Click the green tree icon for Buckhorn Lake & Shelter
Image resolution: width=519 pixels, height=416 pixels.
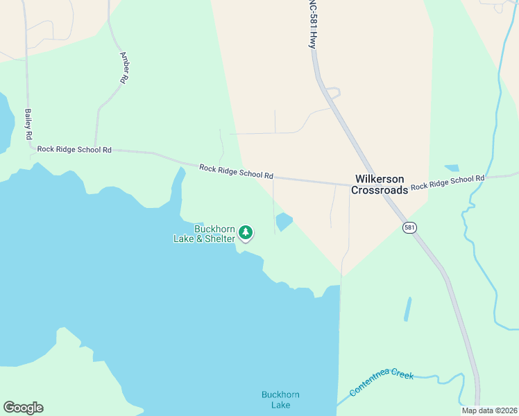coord(246,233)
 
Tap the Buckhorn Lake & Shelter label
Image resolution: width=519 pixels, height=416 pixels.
coord(205,234)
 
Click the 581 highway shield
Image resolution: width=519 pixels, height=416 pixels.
coord(409,227)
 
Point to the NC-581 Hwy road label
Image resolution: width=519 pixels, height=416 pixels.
coord(312,24)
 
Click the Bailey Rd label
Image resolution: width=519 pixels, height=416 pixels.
coord(29,123)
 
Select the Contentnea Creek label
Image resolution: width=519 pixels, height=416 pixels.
coord(382,383)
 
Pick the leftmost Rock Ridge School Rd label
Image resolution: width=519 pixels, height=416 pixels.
coord(74,149)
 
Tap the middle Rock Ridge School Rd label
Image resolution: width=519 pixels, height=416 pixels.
coord(236,171)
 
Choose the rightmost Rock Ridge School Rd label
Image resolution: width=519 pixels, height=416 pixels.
coord(448,182)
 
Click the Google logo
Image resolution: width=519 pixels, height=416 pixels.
coord(23,408)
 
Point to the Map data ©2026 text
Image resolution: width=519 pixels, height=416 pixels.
coord(488,410)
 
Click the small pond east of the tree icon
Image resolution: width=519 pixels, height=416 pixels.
coord(284,222)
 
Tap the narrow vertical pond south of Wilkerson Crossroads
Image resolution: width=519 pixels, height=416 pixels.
coord(408,309)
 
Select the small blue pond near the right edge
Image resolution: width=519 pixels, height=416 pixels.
coord(451,168)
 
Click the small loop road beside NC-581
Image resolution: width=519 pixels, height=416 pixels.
coord(334,92)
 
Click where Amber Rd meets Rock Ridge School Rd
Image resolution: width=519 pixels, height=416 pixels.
coord(95,148)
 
